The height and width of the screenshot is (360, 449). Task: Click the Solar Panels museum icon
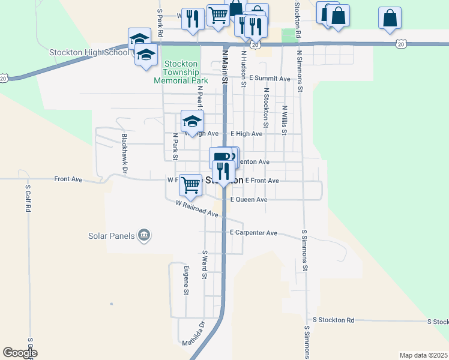click(x=143, y=235)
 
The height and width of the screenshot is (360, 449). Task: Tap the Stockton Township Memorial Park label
click(x=181, y=72)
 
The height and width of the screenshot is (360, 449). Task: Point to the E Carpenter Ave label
click(x=253, y=232)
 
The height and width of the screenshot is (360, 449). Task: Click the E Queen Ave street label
click(x=249, y=199)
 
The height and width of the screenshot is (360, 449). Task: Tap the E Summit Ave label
click(x=270, y=79)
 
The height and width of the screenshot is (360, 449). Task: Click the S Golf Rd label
click(x=28, y=199)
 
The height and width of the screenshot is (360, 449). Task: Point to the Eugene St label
click(x=187, y=280)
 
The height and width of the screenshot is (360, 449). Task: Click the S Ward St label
click(x=205, y=265)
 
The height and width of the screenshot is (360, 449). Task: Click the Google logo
click(x=20, y=353)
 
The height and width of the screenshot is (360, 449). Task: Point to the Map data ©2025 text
click(x=423, y=355)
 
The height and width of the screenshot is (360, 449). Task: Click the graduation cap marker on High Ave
click(x=193, y=121)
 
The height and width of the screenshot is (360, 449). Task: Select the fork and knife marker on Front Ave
click(x=223, y=171)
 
